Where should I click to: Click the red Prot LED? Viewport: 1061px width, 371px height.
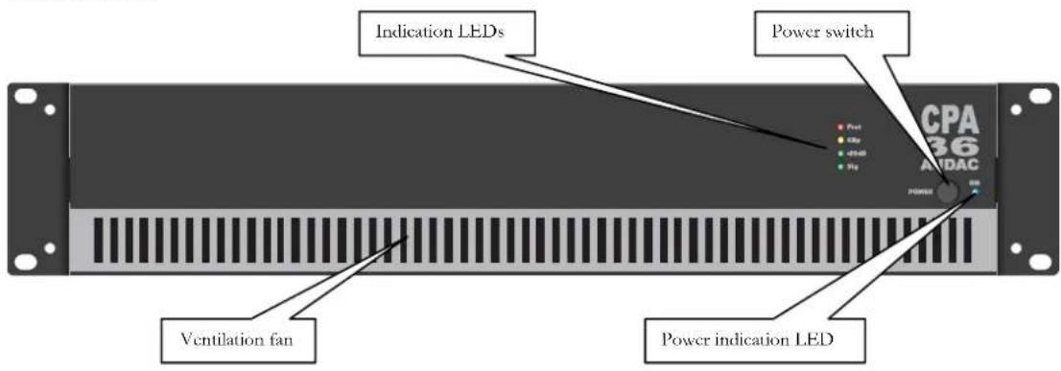point(840,128)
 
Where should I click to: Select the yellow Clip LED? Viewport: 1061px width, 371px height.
point(840,140)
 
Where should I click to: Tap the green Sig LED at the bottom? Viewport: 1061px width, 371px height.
point(840,167)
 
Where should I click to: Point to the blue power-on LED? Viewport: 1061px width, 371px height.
point(976,190)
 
